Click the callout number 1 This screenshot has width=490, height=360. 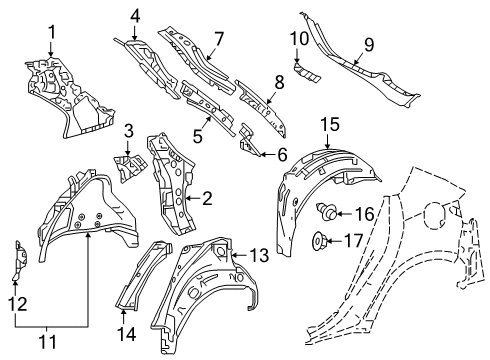pyautogui.click(x=52, y=33)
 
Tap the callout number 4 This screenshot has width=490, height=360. pyautogui.click(x=135, y=16)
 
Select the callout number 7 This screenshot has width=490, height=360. pyautogui.click(x=219, y=39)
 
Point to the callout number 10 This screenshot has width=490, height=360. pyautogui.click(x=299, y=38)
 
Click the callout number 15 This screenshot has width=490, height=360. pyautogui.click(x=330, y=124)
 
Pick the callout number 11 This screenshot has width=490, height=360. pyautogui.click(x=48, y=342)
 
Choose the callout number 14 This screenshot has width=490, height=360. pyautogui.click(x=127, y=334)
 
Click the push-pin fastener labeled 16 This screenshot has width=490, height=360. pyautogui.click(x=326, y=211)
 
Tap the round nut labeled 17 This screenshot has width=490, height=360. pyautogui.click(x=319, y=241)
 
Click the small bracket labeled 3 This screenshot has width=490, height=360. pyautogui.click(x=130, y=167)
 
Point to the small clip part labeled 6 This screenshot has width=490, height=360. pyautogui.click(x=247, y=139)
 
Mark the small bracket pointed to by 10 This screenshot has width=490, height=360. pyautogui.click(x=307, y=72)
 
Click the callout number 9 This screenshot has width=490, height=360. pyautogui.click(x=369, y=44)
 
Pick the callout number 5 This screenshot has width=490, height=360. pyautogui.click(x=198, y=136)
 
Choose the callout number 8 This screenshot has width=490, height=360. pyautogui.click(x=279, y=82)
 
